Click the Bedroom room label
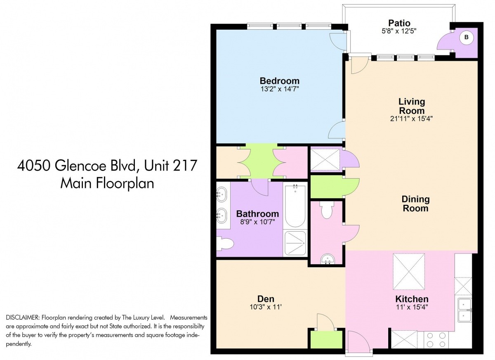coord(280,81)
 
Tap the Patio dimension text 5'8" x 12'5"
coord(399,31)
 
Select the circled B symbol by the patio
coord(466,38)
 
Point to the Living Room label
coord(412,106)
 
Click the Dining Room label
coord(415,204)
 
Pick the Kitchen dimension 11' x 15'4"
coord(412,307)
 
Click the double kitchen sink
coord(465,310)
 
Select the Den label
coord(266,299)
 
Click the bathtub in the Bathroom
coord(295,206)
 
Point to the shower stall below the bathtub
coord(295,243)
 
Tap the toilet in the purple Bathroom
coord(225,244)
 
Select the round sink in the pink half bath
coord(328,259)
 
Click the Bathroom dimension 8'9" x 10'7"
coord(257,222)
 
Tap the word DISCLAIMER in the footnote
coord(23,318)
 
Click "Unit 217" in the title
coord(170,166)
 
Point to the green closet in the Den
coord(326,339)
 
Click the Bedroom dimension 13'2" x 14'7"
coord(280,89)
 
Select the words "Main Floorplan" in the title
coord(107,184)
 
